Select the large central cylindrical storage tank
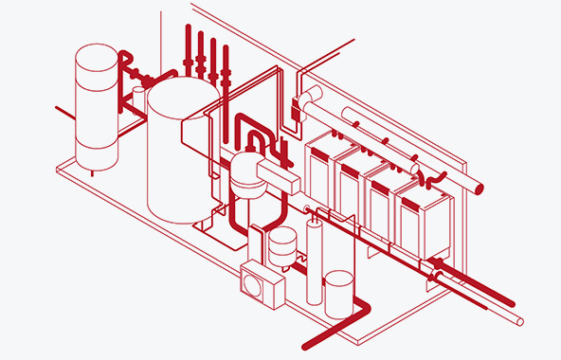(177, 156)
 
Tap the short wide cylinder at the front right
(338, 295)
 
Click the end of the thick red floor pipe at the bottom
(306, 343)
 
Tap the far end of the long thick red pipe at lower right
(512, 304)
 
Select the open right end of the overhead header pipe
(480, 189)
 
